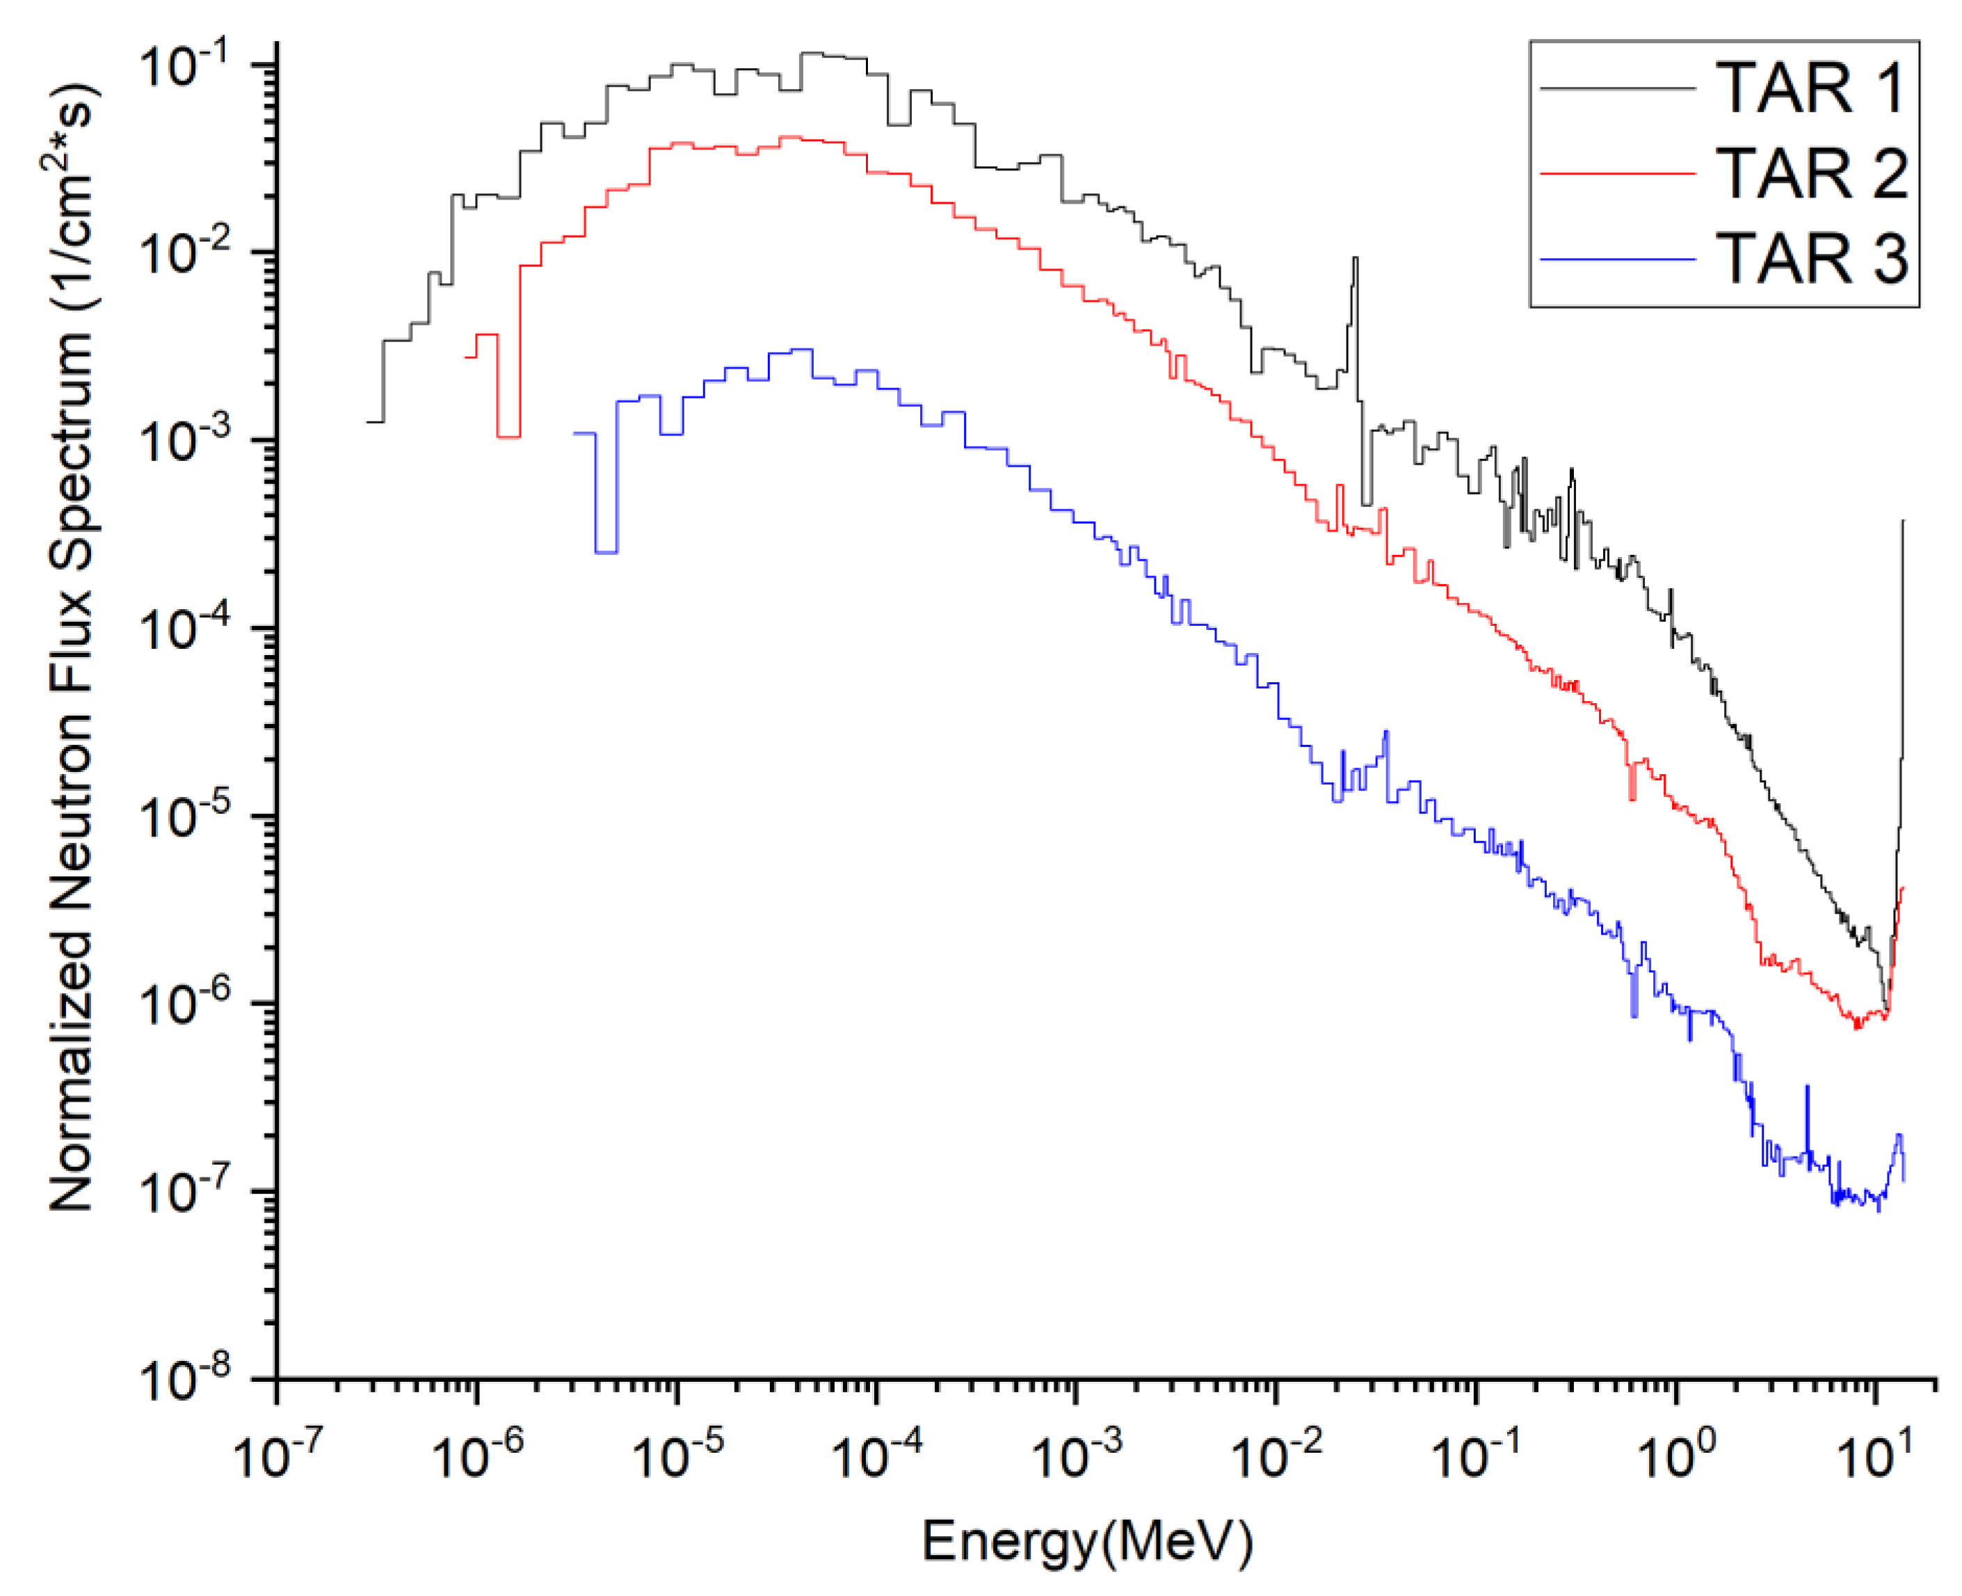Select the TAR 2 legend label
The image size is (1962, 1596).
1810,173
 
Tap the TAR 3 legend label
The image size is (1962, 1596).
1810,258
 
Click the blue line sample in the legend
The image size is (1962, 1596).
1616,260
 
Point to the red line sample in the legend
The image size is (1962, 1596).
1616,173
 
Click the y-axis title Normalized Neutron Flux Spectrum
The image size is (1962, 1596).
72,647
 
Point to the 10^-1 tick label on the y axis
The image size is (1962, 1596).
183,66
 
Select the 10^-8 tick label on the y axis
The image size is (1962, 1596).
183,1379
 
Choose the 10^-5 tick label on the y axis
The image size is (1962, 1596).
183,816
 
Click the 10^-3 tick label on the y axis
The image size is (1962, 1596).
183,442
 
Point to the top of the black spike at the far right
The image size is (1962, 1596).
1902,522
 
